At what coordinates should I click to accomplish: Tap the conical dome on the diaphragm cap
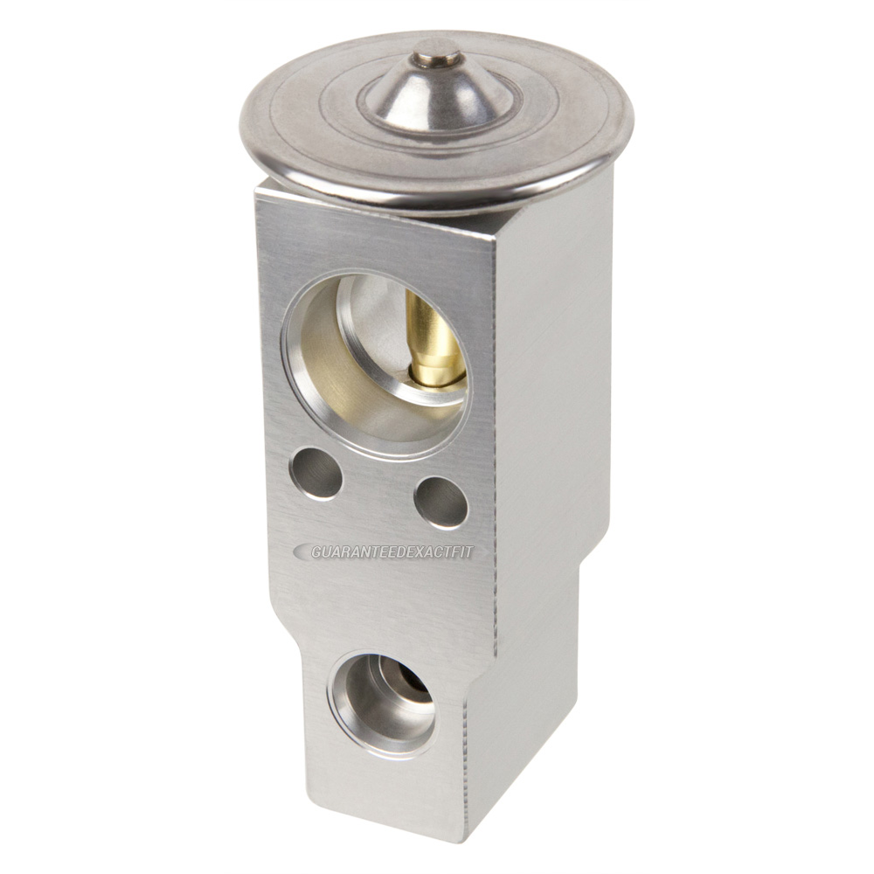[x=438, y=92]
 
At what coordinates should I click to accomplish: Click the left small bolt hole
[x=316, y=474]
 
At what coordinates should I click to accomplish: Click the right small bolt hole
[x=441, y=503]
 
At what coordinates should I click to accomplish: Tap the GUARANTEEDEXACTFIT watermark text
[x=392, y=551]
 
